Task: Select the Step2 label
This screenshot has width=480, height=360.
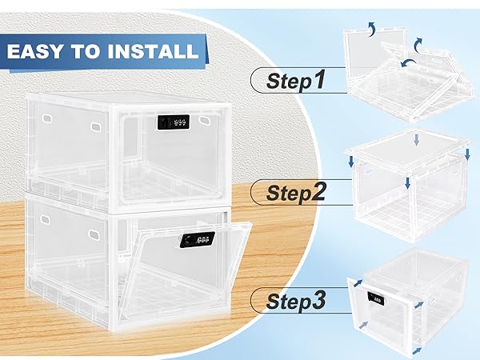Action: (x=296, y=192)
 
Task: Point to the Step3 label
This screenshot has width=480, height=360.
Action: (x=296, y=301)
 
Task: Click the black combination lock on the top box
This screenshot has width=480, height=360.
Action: (x=174, y=122)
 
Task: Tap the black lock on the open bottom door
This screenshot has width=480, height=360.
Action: (x=197, y=239)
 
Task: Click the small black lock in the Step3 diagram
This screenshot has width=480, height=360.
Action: (x=376, y=298)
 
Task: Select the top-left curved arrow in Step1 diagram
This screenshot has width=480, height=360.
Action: (x=372, y=29)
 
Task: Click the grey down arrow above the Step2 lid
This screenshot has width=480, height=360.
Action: (x=416, y=139)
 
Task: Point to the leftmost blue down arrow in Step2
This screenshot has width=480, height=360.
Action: (x=351, y=162)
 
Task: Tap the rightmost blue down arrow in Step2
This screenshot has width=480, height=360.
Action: (x=467, y=154)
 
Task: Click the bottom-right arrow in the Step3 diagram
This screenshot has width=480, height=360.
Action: (x=418, y=351)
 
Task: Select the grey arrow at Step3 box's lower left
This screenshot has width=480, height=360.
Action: (x=363, y=325)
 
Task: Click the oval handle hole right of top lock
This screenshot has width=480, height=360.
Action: (x=203, y=120)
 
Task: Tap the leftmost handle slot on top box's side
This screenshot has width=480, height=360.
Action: (x=47, y=118)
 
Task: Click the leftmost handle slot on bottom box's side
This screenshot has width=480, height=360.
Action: (x=45, y=219)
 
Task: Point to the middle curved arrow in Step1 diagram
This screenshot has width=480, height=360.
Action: (x=418, y=45)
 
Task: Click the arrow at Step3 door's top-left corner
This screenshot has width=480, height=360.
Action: (x=358, y=283)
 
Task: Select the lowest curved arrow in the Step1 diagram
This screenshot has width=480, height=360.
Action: (x=408, y=62)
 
